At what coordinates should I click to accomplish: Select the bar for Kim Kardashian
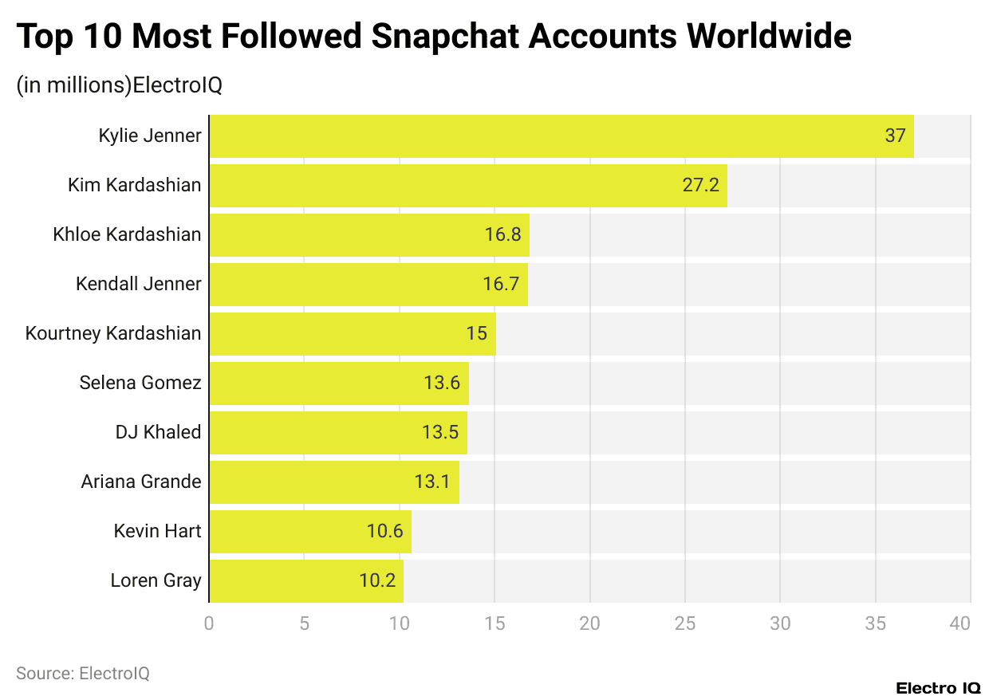click(467, 186)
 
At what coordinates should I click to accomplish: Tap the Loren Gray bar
click(305, 580)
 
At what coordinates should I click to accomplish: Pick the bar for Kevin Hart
click(309, 531)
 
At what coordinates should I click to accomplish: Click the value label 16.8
click(502, 235)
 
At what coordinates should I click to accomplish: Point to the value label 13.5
click(440, 433)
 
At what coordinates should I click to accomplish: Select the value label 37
click(895, 136)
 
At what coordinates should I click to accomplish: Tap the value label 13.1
click(432, 482)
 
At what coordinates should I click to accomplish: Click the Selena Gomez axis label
click(140, 383)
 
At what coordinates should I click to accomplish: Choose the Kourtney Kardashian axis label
click(113, 333)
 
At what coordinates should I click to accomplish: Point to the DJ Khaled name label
click(158, 432)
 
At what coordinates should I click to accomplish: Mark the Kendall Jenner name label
click(139, 284)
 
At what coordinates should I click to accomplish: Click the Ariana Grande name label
click(141, 482)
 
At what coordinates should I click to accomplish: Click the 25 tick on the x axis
click(684, 623)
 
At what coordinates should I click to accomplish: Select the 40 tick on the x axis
click(960, 623)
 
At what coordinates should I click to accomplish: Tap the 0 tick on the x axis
click(209, 623)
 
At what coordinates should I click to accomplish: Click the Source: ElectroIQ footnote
click(83, 674)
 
